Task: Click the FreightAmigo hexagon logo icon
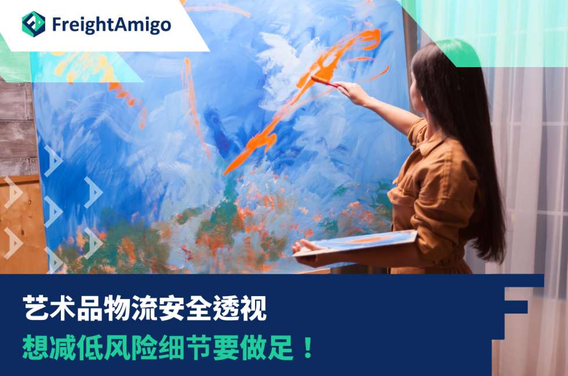[34, 24]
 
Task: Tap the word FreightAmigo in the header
[111, 24]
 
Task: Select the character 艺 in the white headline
[36, 308]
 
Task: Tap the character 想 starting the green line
[36, 348]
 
